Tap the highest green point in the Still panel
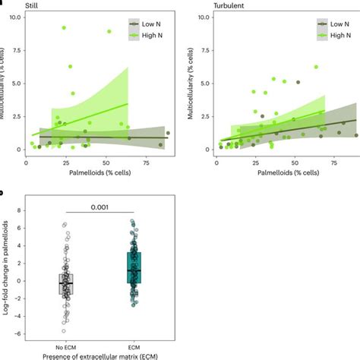(x=64, y=27)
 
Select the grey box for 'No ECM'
(x=66, y=283)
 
